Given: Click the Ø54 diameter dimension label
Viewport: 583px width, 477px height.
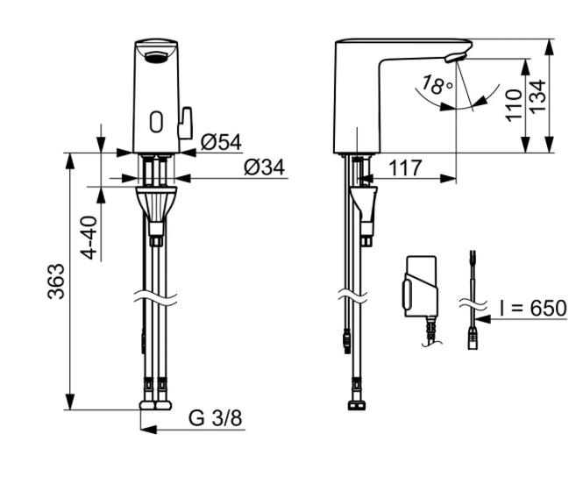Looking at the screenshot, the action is tap(221, 142).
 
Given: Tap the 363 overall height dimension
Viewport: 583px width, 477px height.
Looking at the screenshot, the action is tap(56, 281).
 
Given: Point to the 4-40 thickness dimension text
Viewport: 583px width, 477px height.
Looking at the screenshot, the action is tap(89, 238).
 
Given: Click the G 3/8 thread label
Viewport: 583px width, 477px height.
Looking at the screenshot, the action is tap(216, 418).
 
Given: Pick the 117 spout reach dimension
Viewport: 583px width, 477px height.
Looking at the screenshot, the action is tap(405, 167).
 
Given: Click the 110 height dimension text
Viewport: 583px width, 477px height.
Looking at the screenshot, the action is tap(514, 105).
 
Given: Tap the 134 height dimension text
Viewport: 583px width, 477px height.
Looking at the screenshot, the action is tap(537, 96).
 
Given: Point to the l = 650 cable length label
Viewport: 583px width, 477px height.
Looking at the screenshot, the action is tap(533, 309).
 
